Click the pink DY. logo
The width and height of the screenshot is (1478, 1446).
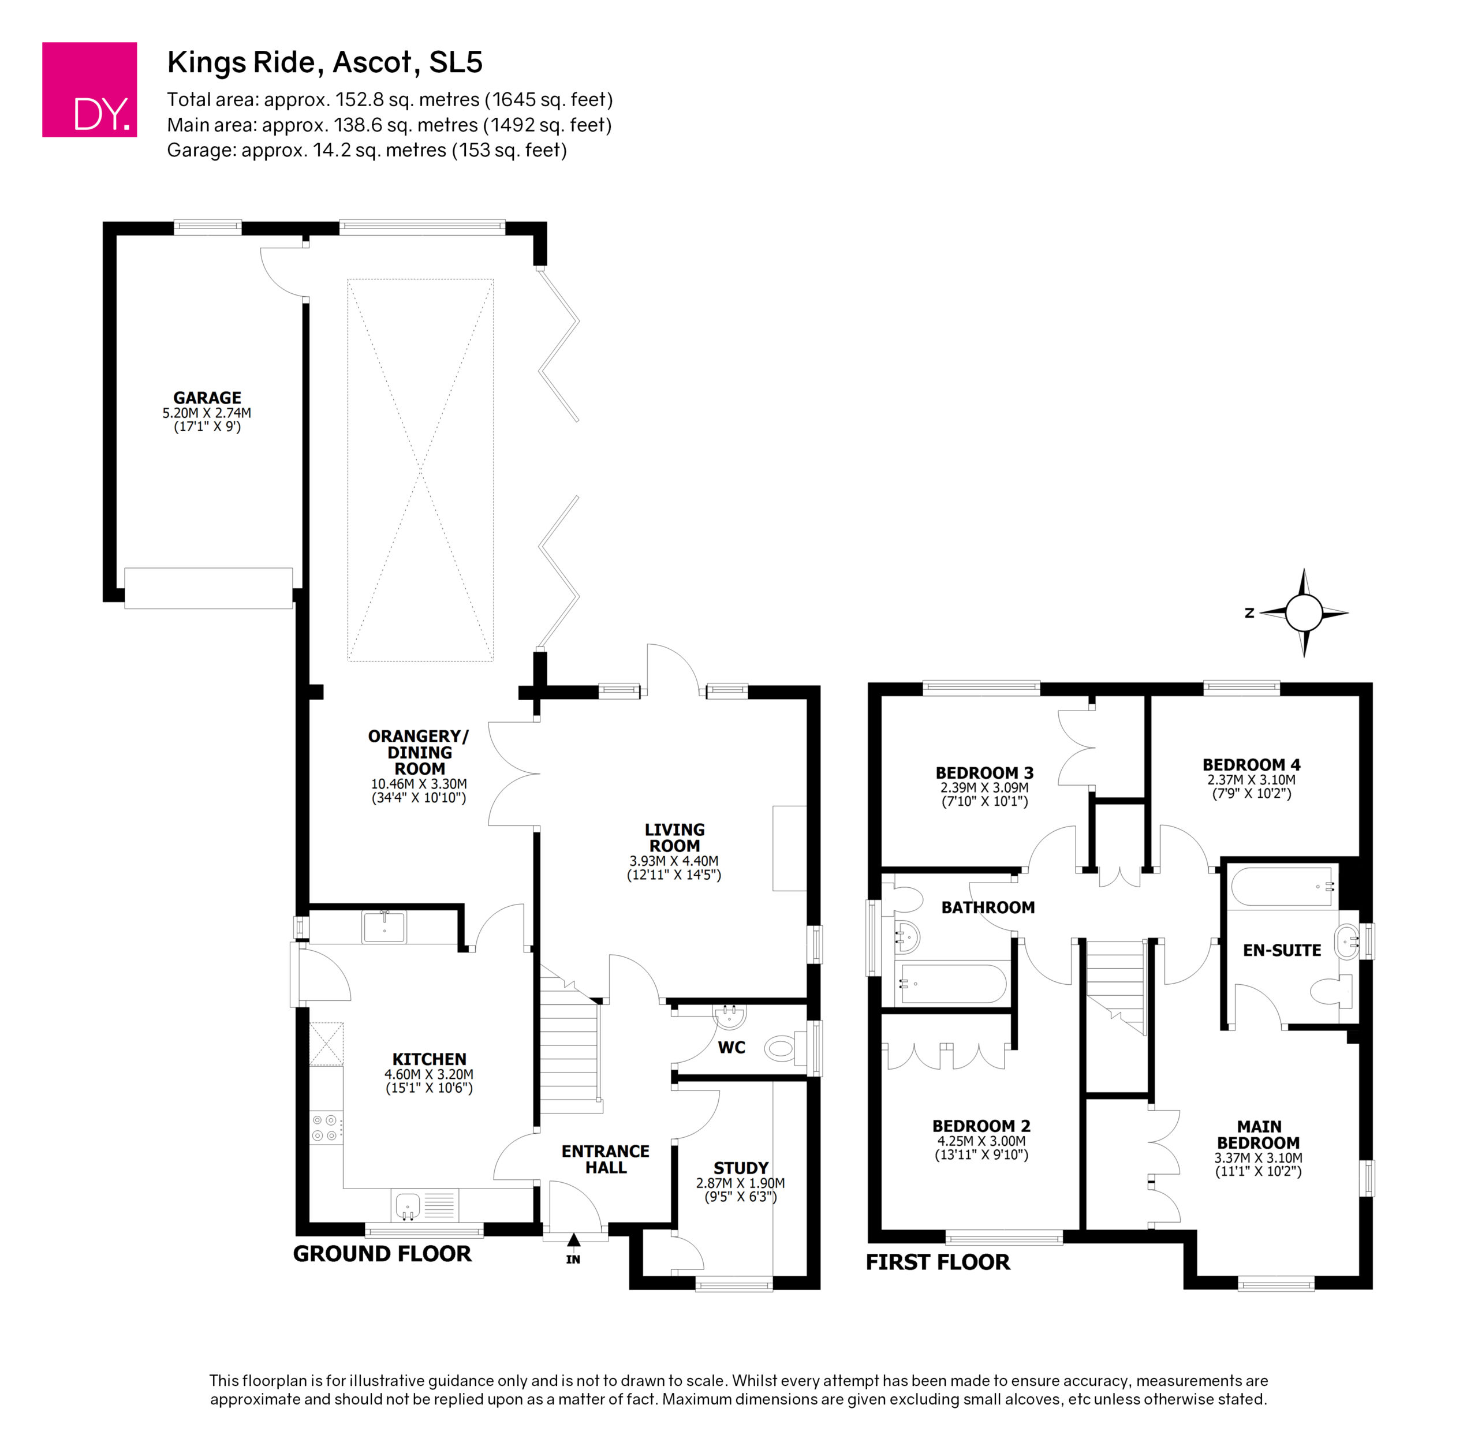(89, 89)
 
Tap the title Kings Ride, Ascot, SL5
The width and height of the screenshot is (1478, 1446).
(324, 62)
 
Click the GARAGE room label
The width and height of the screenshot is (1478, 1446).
(207, 398)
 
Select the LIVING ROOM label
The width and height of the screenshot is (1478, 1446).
(674, 838)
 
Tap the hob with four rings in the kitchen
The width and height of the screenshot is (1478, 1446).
(326, 1128)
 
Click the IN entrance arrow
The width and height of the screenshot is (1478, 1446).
(573, 1240)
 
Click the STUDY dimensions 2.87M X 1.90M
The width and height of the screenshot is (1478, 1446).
(741, 1183)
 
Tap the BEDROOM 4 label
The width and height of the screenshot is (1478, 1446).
(1251, 765)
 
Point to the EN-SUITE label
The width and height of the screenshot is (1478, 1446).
(1282, 950)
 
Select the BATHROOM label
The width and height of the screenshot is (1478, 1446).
(988, 907)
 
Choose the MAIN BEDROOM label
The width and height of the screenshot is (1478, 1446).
(1259, 1135)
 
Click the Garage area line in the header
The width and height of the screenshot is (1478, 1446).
(367, 150)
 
